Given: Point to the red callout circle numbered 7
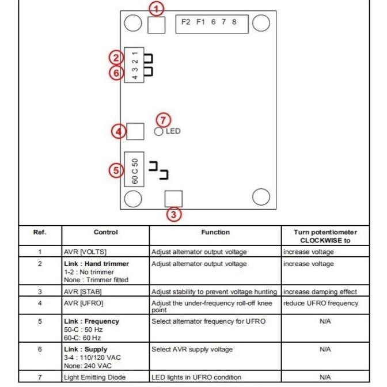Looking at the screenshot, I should [165, 119].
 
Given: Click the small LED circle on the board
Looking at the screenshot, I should [159, 131].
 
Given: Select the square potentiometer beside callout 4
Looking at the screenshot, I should [135, 131].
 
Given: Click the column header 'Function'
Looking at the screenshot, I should [215, 233].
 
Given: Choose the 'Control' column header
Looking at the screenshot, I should [105, 233].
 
